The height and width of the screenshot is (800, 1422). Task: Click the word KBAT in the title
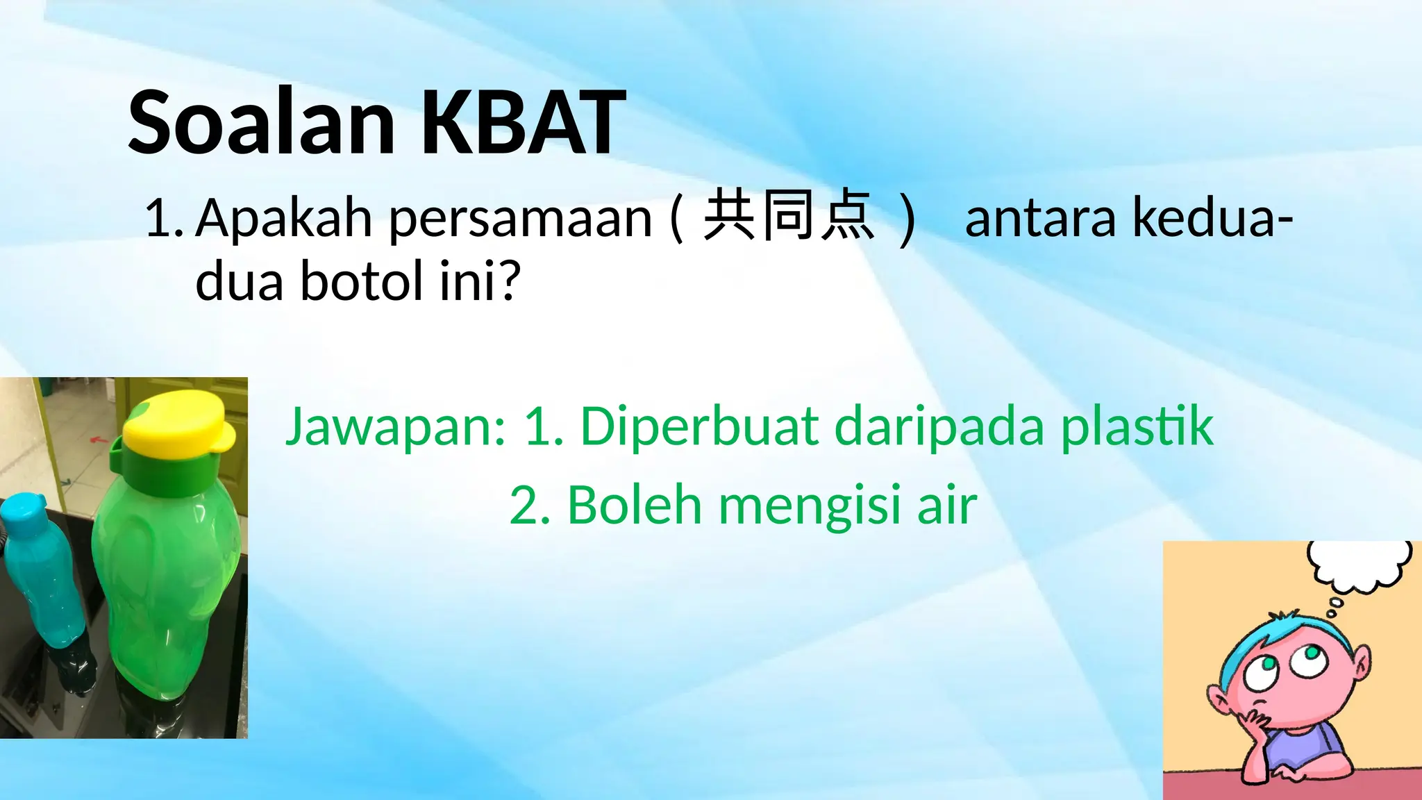tap(524, 124)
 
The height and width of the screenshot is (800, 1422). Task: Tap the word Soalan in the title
tap(262, 124)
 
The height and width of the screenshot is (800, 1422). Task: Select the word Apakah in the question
tap(284, 218)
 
